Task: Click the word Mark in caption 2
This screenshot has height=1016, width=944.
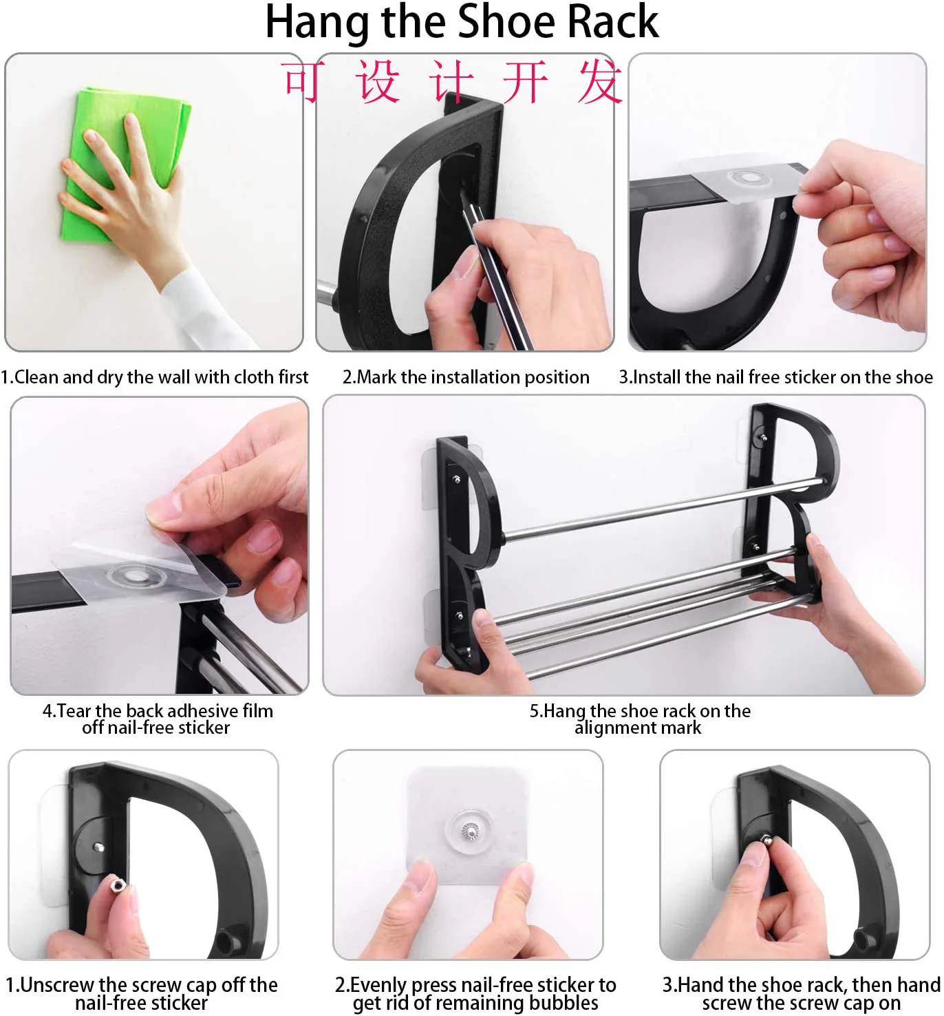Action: point(377,377)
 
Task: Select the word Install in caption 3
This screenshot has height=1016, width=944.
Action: point(656,377)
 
